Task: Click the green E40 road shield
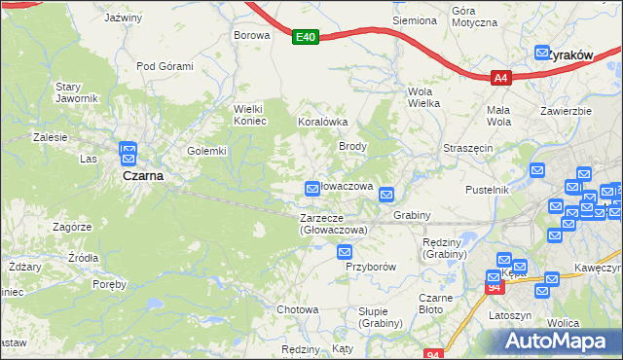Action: click(x=306, y=37)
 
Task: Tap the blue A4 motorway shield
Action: click(x=500, y=78)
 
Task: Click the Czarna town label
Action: click(x=142, y=177)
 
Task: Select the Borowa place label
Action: click(x=250, y=34)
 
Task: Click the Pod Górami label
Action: click(x=165, y=66)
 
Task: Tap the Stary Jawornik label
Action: click(x=75, y=92)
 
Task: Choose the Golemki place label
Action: click(x=206, y=151)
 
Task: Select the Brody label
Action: click(x=351, y=146)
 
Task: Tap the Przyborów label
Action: click(x=371, y=266)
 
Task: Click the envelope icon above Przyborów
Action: click(x=344, y=252)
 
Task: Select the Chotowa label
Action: click(x=298, y=309)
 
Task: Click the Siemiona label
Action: click(x=414, y=20)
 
